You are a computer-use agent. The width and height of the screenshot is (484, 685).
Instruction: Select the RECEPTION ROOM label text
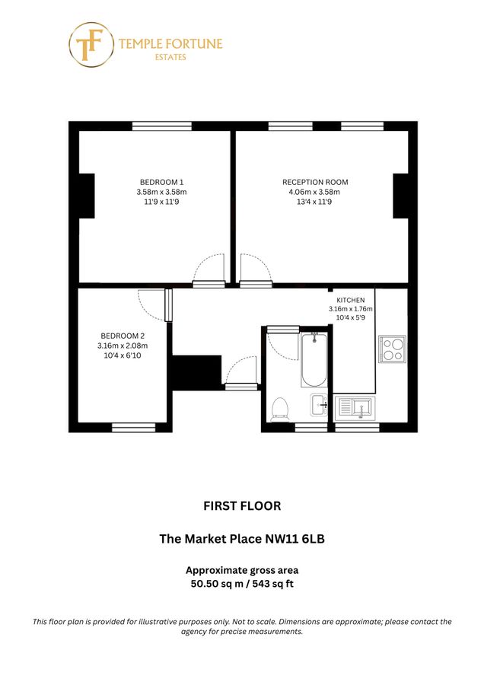(315, 182)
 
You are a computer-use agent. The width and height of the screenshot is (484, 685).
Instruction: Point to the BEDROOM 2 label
(123, 336)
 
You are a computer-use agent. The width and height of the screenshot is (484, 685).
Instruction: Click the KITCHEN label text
(351, 300)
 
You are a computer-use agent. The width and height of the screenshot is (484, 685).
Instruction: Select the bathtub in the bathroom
(314, 359)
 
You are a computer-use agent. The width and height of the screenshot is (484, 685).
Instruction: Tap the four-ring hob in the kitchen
(392, 349)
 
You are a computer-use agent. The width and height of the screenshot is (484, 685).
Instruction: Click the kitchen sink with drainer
(355, 408)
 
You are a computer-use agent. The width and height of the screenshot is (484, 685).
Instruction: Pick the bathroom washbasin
(319, 403)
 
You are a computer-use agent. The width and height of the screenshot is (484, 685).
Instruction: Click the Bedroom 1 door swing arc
(208, 268)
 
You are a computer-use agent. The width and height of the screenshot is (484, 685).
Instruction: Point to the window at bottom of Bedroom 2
(128, 428)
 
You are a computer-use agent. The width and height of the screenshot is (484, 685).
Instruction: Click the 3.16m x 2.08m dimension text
(123, 346)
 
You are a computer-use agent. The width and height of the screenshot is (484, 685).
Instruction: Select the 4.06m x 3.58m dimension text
(315, 192)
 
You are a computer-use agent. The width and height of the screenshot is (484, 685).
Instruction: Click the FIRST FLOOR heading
(242, 505)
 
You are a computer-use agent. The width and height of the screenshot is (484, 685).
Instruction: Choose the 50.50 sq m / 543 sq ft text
(242, 584)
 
